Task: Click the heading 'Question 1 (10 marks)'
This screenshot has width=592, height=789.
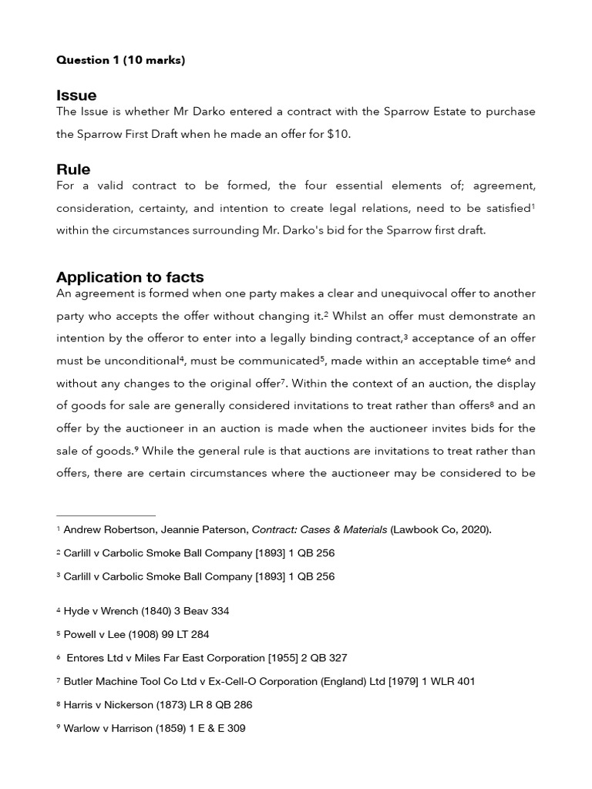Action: click(120, 61)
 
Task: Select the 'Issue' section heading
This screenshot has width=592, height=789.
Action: click(76, 96)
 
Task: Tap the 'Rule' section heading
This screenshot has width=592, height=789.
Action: click(73, 170)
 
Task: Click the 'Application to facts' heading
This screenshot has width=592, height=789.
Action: click(129, 277)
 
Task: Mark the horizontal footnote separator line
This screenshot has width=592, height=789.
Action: click(106, 515)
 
